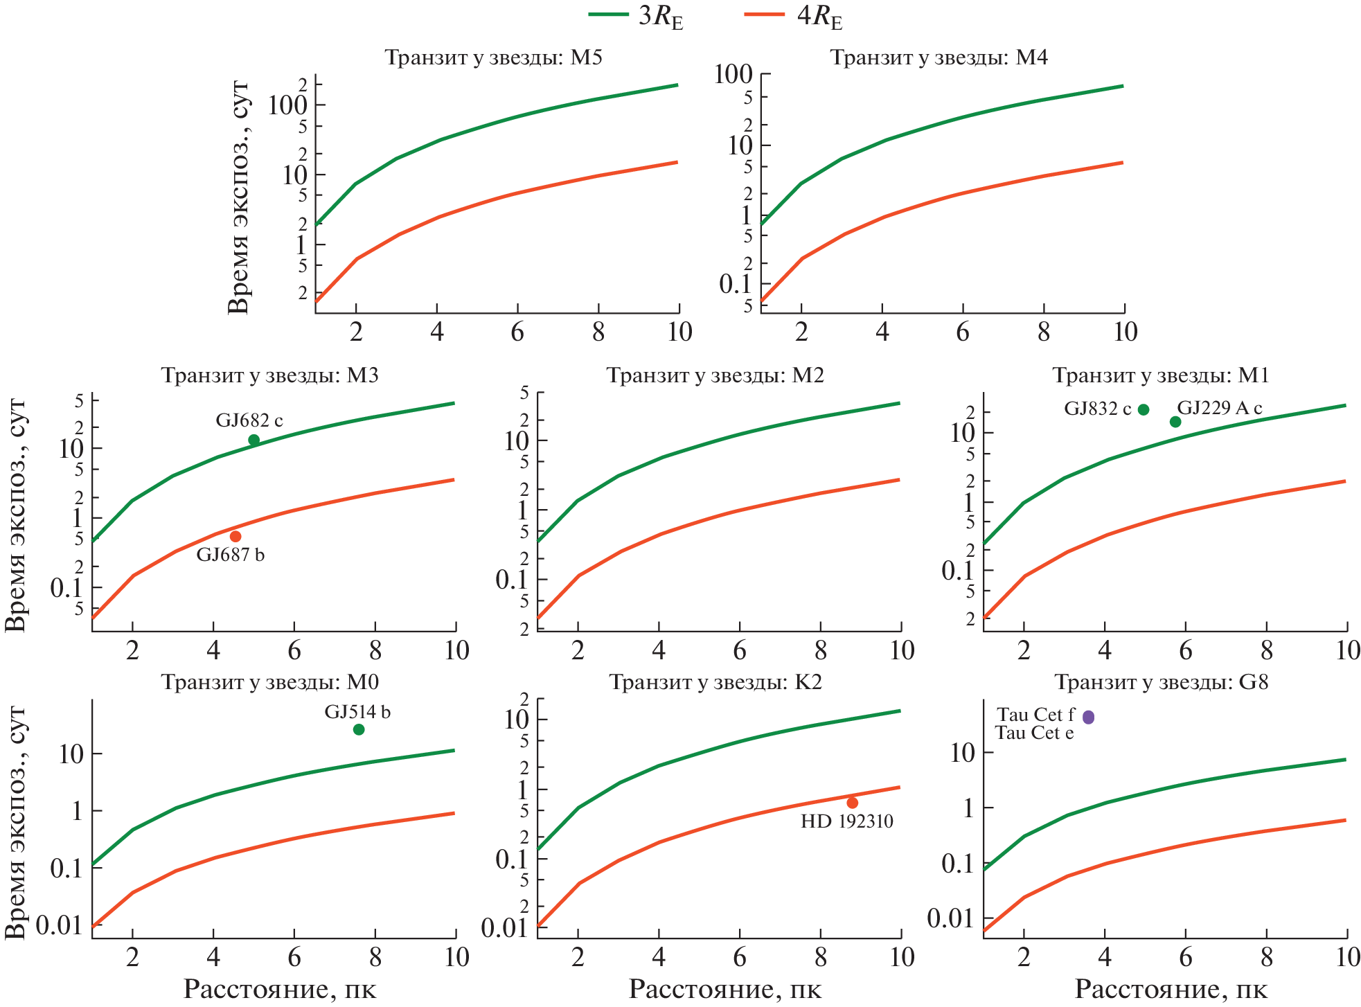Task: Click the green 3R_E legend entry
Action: point(636,16)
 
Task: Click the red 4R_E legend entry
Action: point(794,16)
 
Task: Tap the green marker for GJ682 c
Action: point(254,440)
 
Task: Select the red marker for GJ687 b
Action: point(235,536)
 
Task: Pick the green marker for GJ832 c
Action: point(1144,409)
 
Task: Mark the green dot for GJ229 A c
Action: point(1175,422)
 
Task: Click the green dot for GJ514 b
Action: point(359,729)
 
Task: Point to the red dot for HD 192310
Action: point(853,803)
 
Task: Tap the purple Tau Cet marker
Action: point(1089,717)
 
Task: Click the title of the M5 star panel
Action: point(493,57)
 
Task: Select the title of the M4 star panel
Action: point(939,57)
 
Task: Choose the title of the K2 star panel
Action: point(715,682)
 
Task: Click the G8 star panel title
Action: point(1162,682)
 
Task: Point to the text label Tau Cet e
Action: point(1035,733)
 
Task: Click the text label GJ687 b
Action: point(231,555)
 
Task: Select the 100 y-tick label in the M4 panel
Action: point(733,74)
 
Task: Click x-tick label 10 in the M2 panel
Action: point(902,650)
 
